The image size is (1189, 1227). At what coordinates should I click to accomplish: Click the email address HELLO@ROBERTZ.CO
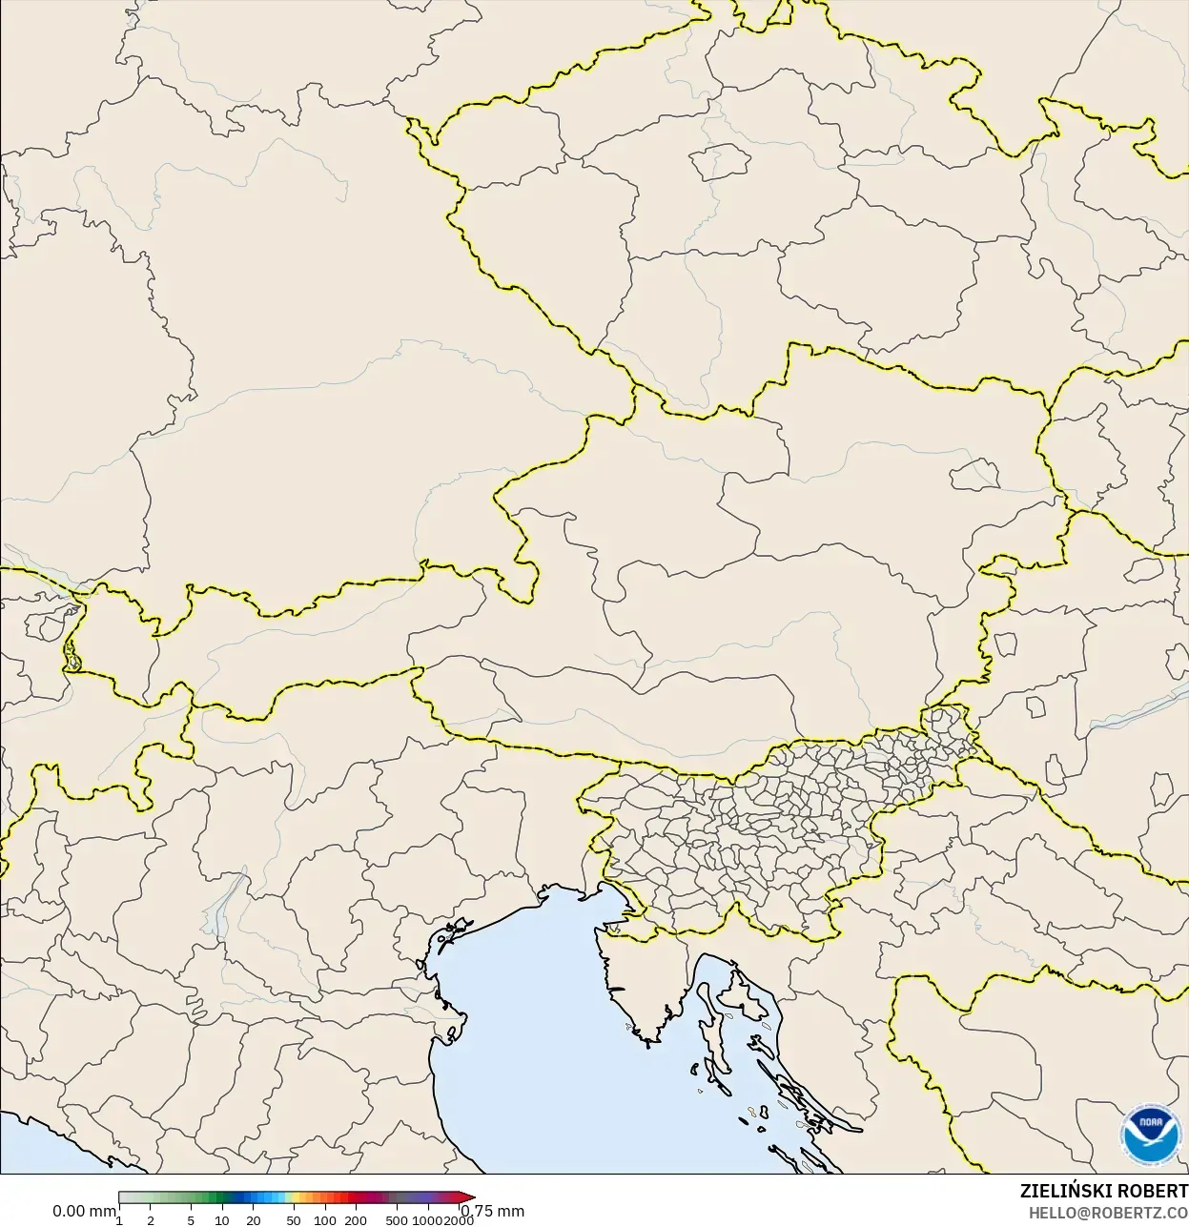1108,1212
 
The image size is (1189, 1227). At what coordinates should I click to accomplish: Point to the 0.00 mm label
84,1211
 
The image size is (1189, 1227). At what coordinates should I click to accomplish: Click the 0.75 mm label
494,1211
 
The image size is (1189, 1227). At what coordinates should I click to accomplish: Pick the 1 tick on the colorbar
119,1220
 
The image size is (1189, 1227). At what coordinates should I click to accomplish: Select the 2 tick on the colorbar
151,1220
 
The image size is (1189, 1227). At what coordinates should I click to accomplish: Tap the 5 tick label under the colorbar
191,1220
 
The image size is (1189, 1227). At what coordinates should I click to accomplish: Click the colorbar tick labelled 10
222,1220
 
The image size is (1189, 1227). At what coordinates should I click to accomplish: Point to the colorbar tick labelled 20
254,1220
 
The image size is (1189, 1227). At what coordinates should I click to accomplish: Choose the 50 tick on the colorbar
294,1220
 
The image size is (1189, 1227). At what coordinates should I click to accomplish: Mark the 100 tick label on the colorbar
325,1220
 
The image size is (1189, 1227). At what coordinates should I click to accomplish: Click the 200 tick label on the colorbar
356,1220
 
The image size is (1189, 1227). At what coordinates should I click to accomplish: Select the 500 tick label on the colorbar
397,1220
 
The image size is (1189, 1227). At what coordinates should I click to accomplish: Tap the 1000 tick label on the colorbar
427,1220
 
